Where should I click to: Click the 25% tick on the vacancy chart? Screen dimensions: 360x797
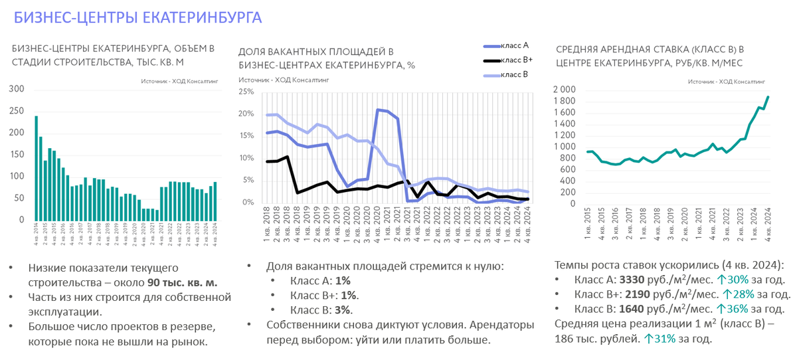pyautogui.click(x=246, y=92)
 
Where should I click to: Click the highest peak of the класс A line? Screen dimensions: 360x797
pyautogui.click(x=379, y=110)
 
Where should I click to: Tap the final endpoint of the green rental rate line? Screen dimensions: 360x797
pyautogui.click(x=768, y=97)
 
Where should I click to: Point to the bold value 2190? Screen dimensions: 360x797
pyautogui.click(x=639, y=294)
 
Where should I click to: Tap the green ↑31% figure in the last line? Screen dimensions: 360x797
pyautogui.click(x=662, y=339)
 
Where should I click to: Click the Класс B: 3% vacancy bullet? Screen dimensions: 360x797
pyautogui.click(x=321, y=310)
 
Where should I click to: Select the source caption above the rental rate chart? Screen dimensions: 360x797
pyautogui.click(x=720, y=81)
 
